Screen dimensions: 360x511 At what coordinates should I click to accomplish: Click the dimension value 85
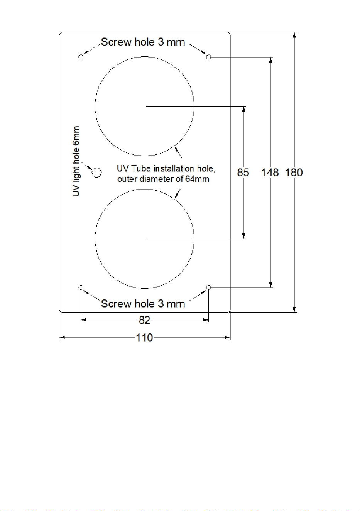click(x=243, y=173)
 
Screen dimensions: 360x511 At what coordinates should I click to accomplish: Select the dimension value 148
click(x=270, y=173)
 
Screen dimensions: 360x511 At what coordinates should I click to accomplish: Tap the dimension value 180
click(x=294, y=173)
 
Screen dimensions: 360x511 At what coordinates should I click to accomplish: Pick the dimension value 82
click(x=144, y=320)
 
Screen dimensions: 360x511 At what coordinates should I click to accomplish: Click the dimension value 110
click(x=144, y=338)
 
